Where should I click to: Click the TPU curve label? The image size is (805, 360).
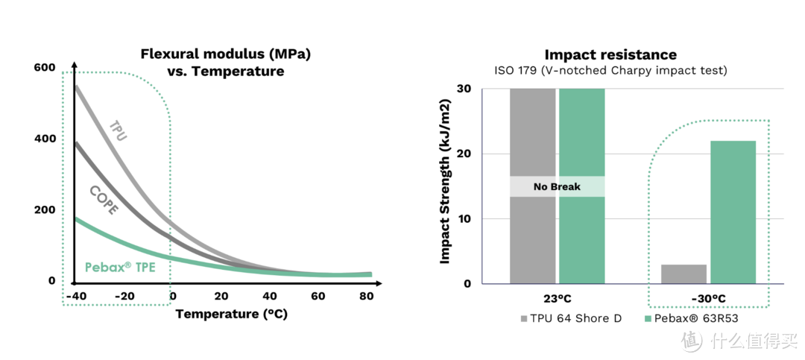tap(118, 130)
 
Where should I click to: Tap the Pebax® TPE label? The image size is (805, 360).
tap(119, 266)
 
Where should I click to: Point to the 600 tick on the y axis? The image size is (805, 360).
tap(45, 68)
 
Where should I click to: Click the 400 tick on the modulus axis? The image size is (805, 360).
tap(45, 139)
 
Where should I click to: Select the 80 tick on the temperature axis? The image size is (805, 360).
tap(366, 296)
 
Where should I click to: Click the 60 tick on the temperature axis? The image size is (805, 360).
tap(318, 296)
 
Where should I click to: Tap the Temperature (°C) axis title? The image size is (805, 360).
tap(231, 314)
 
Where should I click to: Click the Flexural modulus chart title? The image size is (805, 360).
tap(225, 63)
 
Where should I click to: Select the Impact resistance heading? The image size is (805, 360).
tap(610, 54)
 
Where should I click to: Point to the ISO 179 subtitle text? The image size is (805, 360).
tap(610, 71)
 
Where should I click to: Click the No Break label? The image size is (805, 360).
tap(557, 186)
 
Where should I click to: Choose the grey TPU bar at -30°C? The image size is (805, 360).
tap(684, 274)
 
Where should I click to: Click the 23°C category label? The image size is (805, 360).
tap(557, 300)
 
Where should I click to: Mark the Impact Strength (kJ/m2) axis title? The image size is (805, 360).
tap(445, 183)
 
